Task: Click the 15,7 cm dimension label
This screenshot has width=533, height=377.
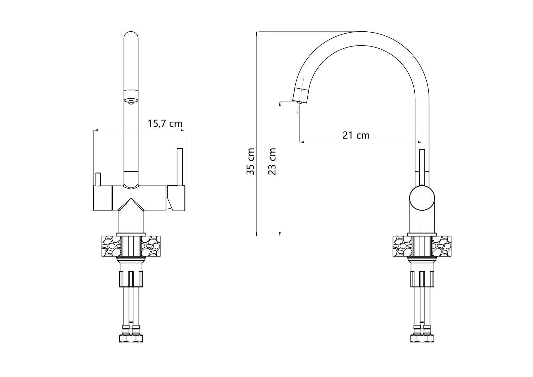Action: pos(165,124)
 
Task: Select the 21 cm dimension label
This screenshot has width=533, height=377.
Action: pos(356,135)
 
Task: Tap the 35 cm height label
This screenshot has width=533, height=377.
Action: pos(251,161)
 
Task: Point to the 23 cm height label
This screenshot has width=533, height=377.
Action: pos(272,161)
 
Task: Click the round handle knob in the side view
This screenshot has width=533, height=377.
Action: pos(422,198)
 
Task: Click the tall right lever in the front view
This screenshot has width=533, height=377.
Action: pos(180,167)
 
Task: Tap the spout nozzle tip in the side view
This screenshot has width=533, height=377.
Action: pos(299,102)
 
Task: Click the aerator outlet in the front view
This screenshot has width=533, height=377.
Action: pos(131,102)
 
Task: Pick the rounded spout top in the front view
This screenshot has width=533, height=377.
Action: pos(131,36)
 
